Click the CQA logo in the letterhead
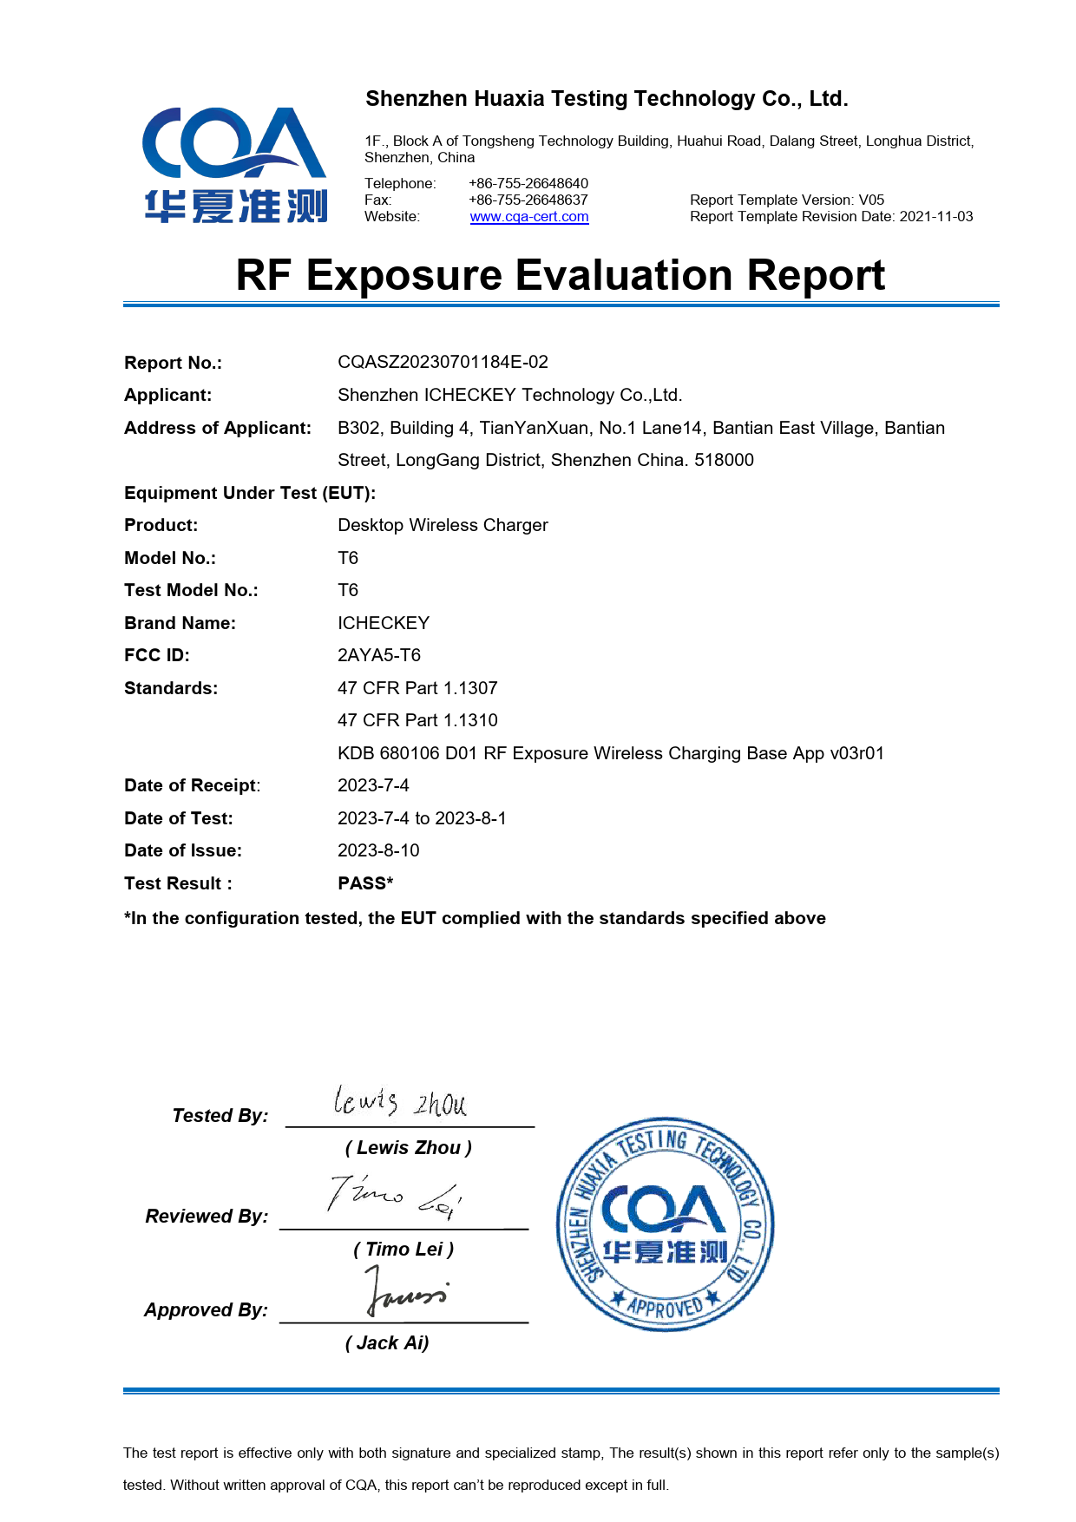pos(234,165)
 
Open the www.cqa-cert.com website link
pos(529,217)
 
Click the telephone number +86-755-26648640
pos(528,183)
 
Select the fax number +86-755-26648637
pos(528,200)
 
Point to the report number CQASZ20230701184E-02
pos(443,362)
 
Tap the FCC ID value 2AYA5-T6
pos(379,655)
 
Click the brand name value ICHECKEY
pos(384,623)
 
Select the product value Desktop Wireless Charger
pos(443,525)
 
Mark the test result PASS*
pos(365,883)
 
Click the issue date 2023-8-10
pos(378,850)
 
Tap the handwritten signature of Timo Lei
pos(394,1198)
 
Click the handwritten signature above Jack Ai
pos(404,1291)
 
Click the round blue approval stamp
pos(665,1224)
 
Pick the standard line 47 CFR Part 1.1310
pos(417,720)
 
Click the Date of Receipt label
pos(192,785)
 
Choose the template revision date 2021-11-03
pos(936,217)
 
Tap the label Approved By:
pos(207,1309)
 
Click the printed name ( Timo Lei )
pos(403,1250)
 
